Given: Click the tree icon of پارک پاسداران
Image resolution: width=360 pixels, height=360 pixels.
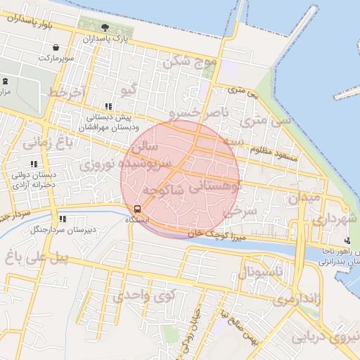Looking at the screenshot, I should pyautogui.click(x=105, y=27).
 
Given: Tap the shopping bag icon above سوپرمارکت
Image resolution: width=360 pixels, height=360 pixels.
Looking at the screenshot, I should pyautogui.click(x=56, y=47).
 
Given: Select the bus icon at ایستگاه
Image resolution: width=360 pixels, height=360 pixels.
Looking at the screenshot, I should pyautogui.click(x=137, y=209).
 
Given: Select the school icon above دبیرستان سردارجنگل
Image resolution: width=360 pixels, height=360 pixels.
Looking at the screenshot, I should pyautogui.click(x=63, y=219).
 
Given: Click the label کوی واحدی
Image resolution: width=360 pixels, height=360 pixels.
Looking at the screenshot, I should pyautogui.click(x=139, y=295).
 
